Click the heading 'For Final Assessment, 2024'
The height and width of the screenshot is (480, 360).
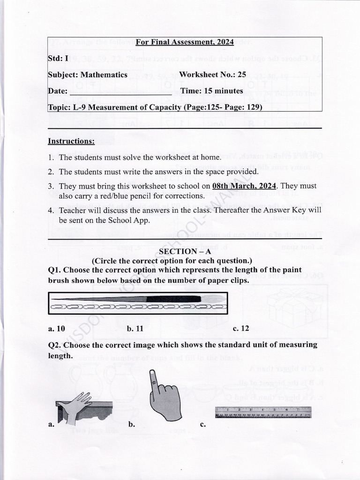click(184, 42)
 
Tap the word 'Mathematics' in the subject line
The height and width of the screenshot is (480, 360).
click(104, 75)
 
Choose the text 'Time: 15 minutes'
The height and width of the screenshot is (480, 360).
click(211, 91)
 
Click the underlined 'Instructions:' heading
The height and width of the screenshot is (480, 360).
click(71, 141)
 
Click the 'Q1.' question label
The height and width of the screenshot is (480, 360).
click(55, 270)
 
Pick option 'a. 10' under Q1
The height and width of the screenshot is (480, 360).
click(56, 329)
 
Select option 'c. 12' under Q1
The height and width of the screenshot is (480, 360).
click(241, 329)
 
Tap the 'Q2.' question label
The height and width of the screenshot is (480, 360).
click(55, 345)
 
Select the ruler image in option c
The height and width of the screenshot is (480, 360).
click(262, 412)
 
